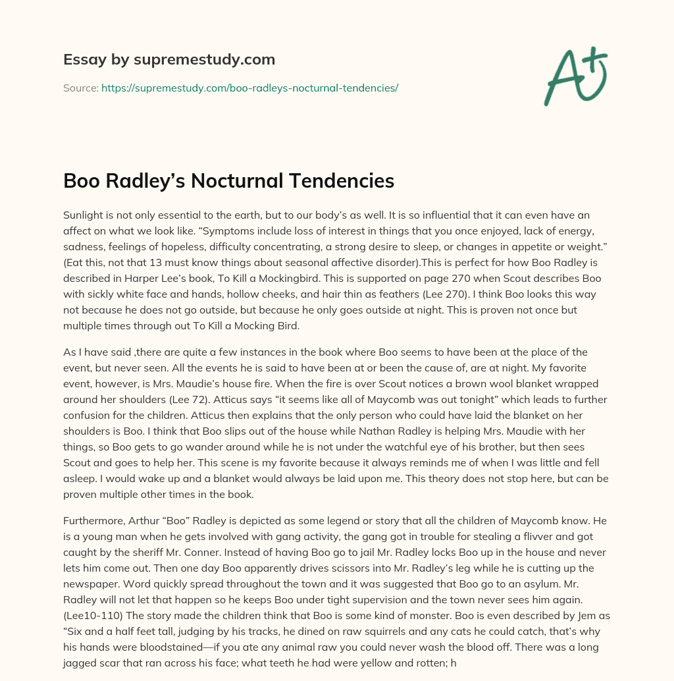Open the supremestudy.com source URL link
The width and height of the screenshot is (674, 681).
(x=249, y=88)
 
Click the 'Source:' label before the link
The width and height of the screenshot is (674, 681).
(x=80, y=88)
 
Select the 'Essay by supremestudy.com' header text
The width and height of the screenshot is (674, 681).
(x=169, y=60)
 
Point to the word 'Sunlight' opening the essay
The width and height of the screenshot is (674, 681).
(x=85, y=215)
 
